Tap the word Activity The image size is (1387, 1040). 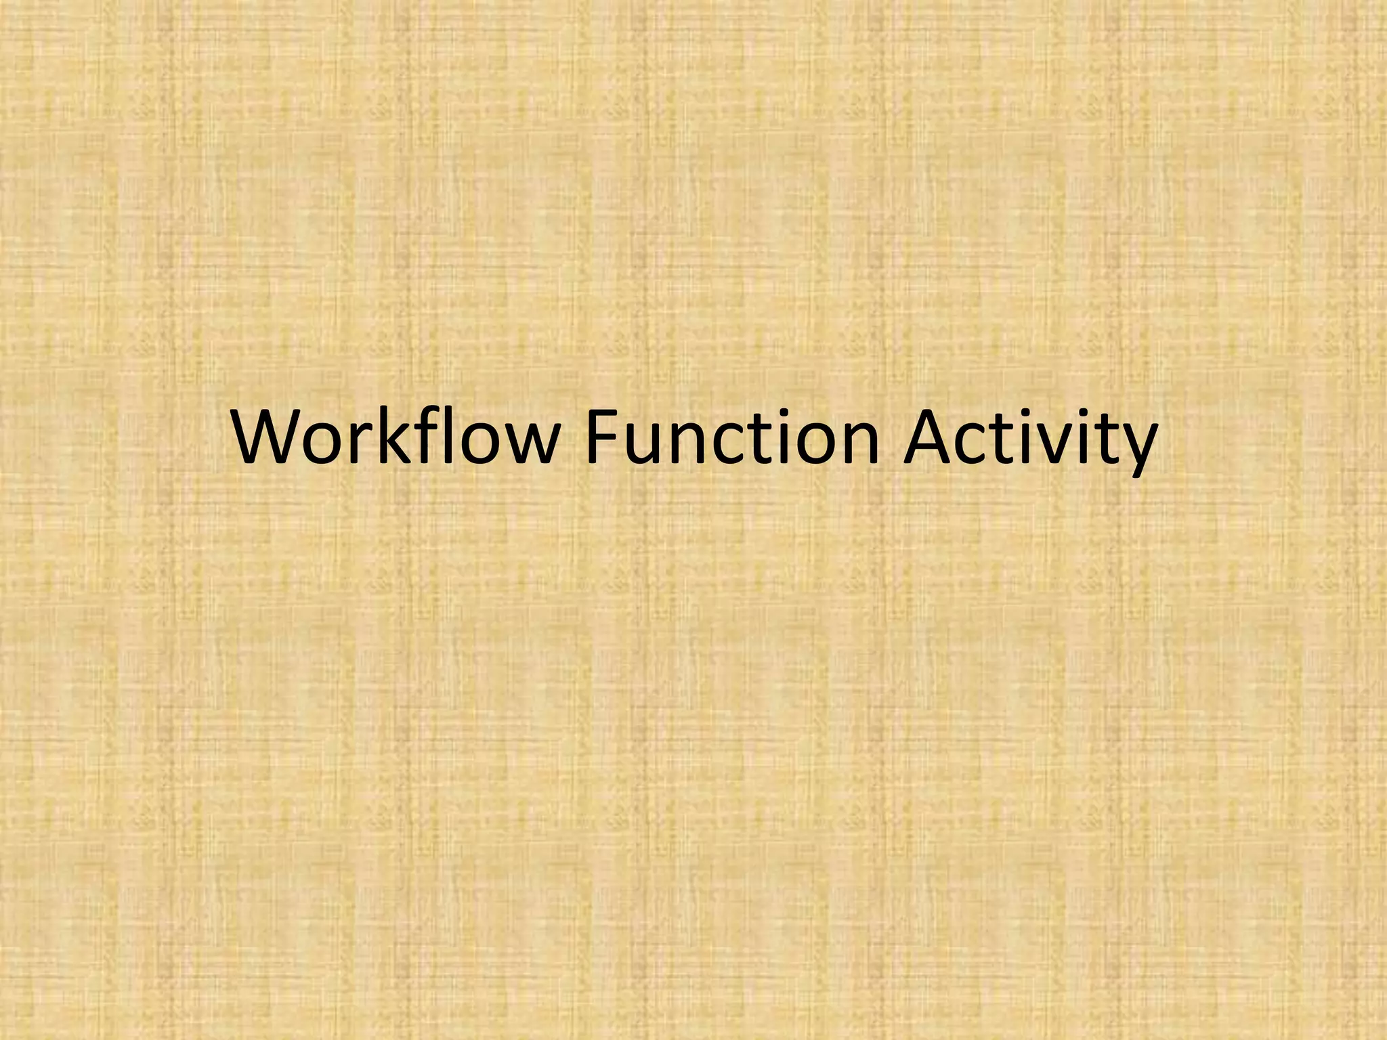pyautogui.click(x=1030, y=440)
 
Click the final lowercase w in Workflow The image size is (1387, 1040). pyautogui.click(x=525, y=443)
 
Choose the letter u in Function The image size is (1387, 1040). pyautogui.click(x=641, y=443)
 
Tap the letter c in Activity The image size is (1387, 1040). pyautogui.click(x=983, y=443)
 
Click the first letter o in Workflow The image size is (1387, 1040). pyautogui.click(x=328, y=443)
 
